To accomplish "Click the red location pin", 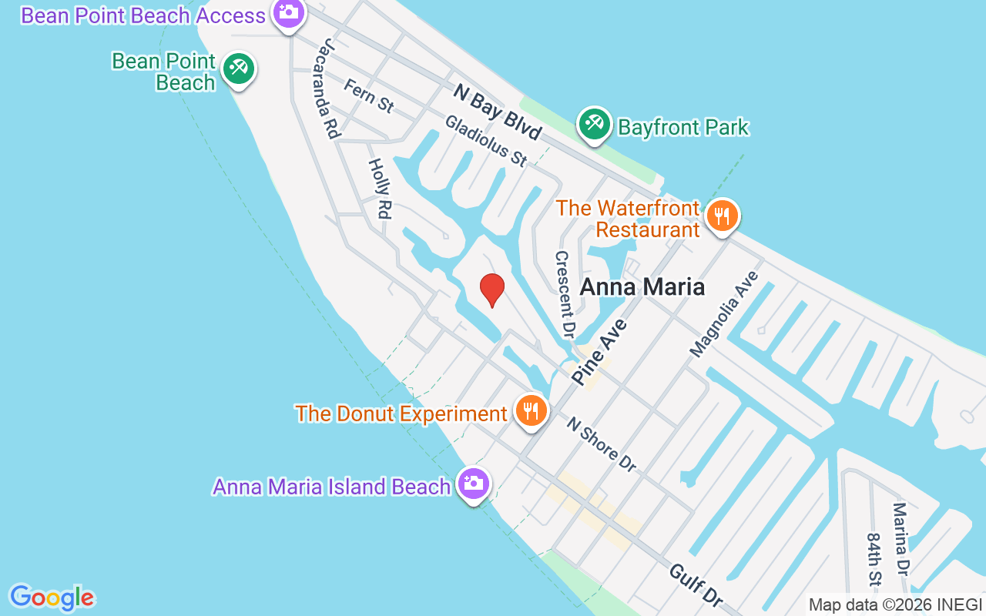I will click(x=491, y=290).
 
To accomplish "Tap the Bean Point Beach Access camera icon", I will click(x=288, y=13).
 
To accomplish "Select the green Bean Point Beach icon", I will click(x=238, y=70).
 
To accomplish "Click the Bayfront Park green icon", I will click(x=594, y=125).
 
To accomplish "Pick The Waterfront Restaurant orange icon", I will click(x=721, y=216).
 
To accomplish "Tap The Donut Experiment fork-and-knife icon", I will click(x=530, y=411).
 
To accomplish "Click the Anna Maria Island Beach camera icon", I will click(x=472, y=484).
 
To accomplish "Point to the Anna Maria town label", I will click(x=642, y=287).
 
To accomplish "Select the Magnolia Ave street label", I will click(x=724, y=314).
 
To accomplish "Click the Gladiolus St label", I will click(x=486, y=141).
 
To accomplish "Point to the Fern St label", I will click(x=369, y=95).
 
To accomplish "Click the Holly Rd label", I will click(x=379, y=188).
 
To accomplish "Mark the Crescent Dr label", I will click(x=565, y=295).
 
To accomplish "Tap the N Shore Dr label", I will click(x=602, y=444).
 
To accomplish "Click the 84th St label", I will click(x=874, y=559).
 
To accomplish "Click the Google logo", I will click(x=52, y=598).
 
